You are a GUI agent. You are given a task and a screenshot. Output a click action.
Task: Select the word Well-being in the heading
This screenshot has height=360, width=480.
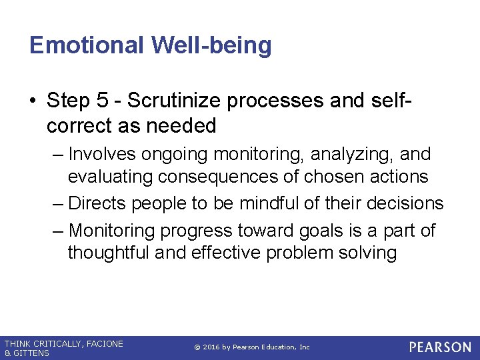pos(212,45)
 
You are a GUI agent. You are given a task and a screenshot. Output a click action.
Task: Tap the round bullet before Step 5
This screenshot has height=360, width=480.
pos(34,101)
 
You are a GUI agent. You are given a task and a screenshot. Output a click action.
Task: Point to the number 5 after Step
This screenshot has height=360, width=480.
pos(101,100)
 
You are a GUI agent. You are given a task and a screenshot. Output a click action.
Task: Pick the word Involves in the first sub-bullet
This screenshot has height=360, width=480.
pos(105,154)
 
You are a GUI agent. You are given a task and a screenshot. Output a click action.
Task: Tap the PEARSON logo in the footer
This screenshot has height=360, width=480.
pos(440,347)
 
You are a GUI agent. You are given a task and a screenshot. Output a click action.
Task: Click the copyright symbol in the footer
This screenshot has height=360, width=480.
pos(197,347)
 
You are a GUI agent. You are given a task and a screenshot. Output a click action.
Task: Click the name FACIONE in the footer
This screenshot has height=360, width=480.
pos(103,343)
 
